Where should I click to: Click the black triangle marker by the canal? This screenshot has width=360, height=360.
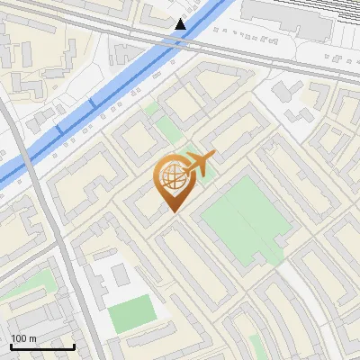click(181, 24)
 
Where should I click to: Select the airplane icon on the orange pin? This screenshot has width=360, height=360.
click(197, 164)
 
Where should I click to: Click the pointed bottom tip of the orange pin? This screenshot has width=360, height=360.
click(172, 211)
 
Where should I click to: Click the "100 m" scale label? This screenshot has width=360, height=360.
click(24, 338)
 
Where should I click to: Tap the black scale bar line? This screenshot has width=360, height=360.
click(42, 347)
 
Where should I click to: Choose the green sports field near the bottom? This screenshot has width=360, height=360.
click(133, 312)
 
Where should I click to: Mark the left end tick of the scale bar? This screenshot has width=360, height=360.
click(11, 346)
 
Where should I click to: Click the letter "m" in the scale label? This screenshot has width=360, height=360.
click(32, 338)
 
